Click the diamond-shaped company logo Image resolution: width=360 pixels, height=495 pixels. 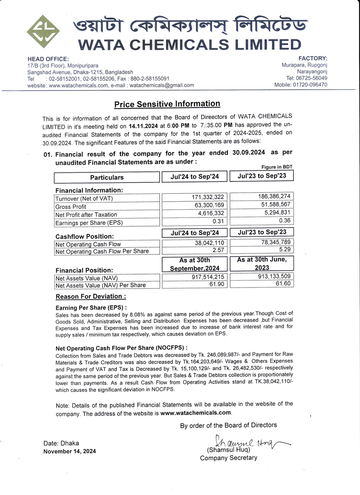pyautogui.click(x=43, y=32)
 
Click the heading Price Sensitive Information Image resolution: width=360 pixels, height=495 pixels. pyautogui.click(x=167, y=104)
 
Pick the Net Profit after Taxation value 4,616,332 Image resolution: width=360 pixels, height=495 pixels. pyautogui.click(x=208, y=213)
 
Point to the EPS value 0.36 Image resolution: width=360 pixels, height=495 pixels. pyautogui.click(x=284, y=220)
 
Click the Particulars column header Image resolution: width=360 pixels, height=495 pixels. pyautogui.click(x=107, y=177)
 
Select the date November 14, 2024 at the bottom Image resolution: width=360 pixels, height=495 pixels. pyautogui.click(x=70, y=451)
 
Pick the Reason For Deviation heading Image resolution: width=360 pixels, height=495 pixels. pyautogui.click(x=91, y=297)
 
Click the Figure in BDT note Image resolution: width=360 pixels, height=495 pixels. pyautogui.click(x=277, y=167)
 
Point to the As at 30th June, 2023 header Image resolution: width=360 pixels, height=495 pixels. pyautogui.click(x=262, y=264)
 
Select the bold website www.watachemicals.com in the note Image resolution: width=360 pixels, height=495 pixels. pyautogui.click(x=196, y=412)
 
